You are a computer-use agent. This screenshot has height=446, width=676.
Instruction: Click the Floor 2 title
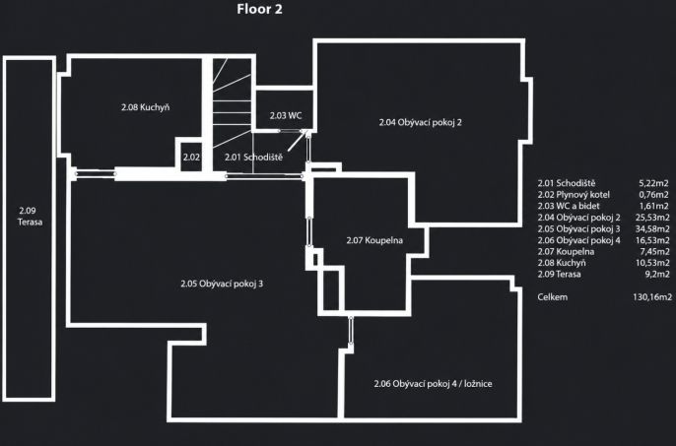point(259,9)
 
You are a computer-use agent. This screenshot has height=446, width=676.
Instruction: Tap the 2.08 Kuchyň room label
point(145,107)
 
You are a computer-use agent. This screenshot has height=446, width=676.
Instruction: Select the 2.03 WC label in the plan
point(286,115)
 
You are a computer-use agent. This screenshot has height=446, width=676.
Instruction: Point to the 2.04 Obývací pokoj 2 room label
point(421,122)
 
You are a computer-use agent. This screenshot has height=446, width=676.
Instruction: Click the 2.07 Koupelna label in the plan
point(374,240)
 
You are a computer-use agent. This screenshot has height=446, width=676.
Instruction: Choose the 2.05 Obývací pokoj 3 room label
point(222,284)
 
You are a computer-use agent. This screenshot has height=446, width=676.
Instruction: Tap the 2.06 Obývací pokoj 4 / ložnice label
point(433,384)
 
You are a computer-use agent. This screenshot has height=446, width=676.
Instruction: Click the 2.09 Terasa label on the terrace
point(31,217)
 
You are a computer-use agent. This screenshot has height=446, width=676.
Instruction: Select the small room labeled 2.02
point(191,158)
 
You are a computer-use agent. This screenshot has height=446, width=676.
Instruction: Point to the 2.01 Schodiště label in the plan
point(253,158)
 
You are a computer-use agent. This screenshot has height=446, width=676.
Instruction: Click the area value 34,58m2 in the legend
point(652,228)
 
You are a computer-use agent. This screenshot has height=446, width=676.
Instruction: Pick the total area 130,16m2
point(652,297)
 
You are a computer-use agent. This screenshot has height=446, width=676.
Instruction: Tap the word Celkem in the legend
point(552,297)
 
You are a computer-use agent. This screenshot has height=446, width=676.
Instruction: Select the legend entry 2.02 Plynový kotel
point(574,195)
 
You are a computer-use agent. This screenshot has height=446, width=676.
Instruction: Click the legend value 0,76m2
point(654,195)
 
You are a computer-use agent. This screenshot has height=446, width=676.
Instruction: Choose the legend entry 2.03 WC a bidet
point(569,206)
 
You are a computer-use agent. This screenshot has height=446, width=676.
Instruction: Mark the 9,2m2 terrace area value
point(657,274)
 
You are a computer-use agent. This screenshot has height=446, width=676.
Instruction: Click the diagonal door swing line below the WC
point(298,141)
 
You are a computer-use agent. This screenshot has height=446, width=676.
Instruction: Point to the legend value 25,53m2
point(652,218)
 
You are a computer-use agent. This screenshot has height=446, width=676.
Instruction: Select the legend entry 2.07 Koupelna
point(566,252)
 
